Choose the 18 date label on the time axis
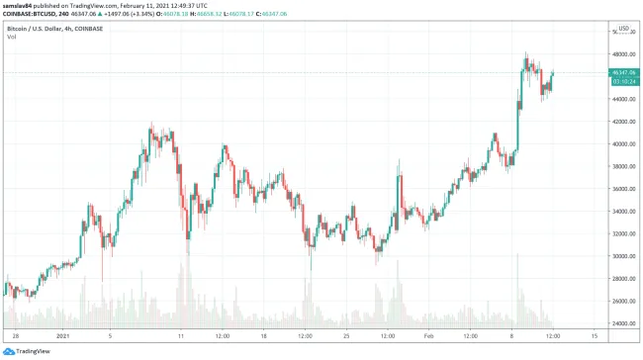(263, 336)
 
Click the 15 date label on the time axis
(595, 336)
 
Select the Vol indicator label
(12, 37)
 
